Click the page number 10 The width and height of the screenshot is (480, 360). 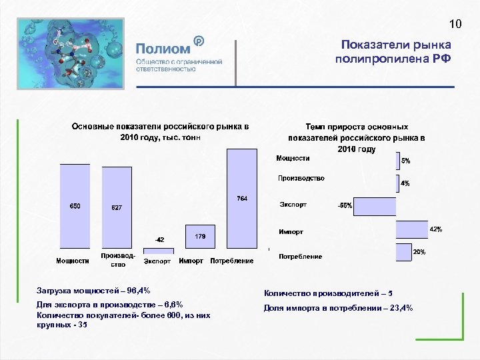(x=455, y=25)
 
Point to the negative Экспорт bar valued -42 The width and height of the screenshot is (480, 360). (x=159, y=251)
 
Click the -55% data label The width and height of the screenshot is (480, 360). (x=345, y=206)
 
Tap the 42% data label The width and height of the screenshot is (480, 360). (x=435, y=229)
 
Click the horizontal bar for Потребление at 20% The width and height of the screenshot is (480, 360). (x=403, y=252)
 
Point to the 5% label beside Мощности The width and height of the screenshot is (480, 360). (x=405, y=161)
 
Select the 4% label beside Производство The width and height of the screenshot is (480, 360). (x=405, y=183)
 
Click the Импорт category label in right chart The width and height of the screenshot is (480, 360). (x=291, y=232)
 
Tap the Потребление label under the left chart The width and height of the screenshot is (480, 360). (x=231, y=261)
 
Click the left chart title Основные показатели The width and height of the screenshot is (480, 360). (x=160, y=131)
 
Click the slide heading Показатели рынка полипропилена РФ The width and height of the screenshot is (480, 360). (x=393, y=51)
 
